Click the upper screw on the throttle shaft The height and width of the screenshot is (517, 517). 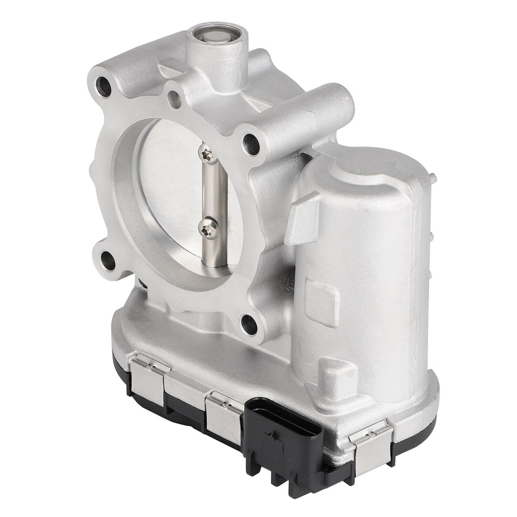208,155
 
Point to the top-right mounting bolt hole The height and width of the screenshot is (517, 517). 250,143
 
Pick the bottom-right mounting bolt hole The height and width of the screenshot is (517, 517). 248,324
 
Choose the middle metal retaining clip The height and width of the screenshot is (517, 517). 223,415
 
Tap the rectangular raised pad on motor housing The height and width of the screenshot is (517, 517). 322,302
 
